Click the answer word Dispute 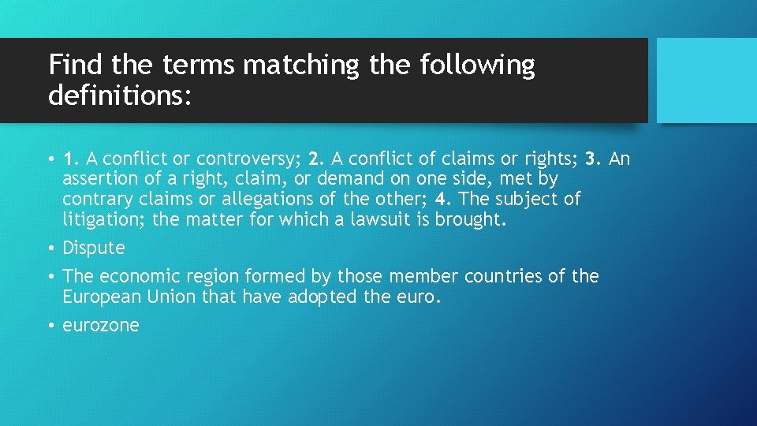[x=94, y=248]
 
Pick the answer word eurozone [x=101, y=325]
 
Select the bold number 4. [x=440, y=199]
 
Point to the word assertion [x=98, y=179]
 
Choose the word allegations [x=286, y=199]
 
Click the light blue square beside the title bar [x=707, y=80]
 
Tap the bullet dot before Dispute [x=51, y=248]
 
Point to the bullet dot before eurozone [x=51, y=325]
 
